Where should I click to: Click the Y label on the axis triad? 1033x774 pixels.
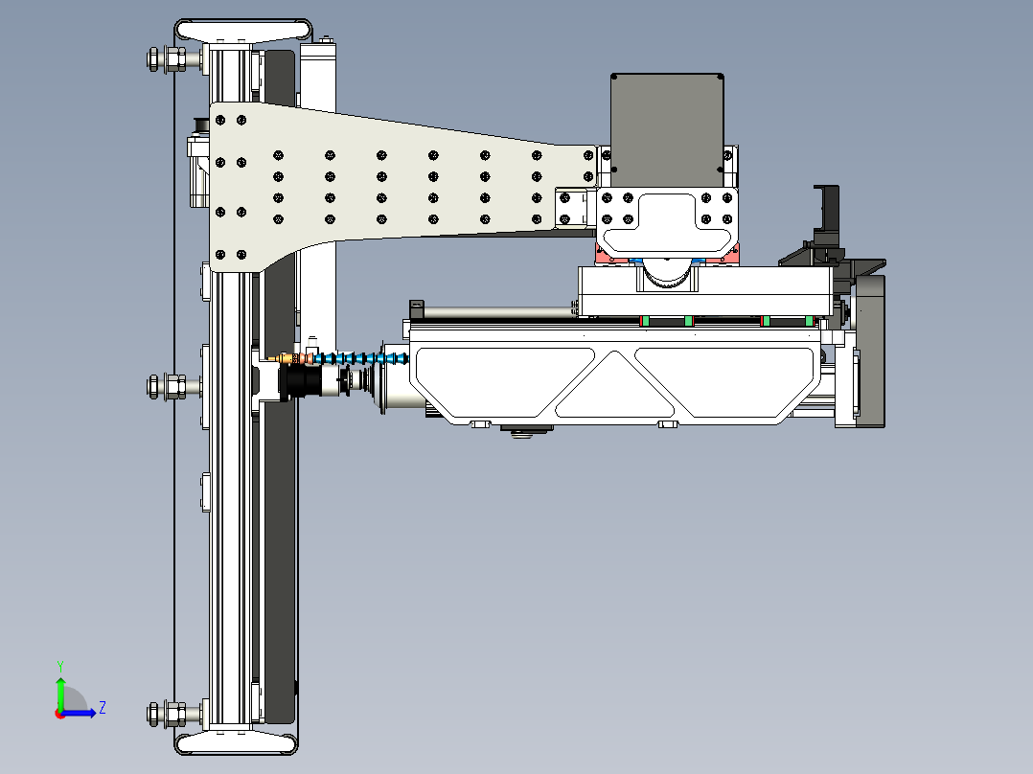[59, 665]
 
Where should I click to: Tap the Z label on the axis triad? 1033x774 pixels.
[102, 708]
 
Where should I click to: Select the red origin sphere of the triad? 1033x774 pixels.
[60, 713]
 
